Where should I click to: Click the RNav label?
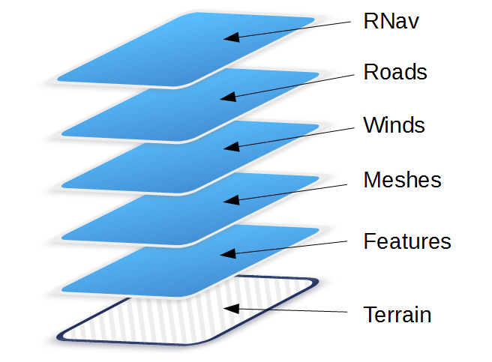click(390, 21)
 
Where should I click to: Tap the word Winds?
click(394, 124)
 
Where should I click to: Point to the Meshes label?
click(401, 181)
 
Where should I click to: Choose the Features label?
click(406, 241)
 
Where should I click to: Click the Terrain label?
click(397, 314)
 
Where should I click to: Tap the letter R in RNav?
click(370, 21)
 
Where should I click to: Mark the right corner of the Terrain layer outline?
click(316, 283)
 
